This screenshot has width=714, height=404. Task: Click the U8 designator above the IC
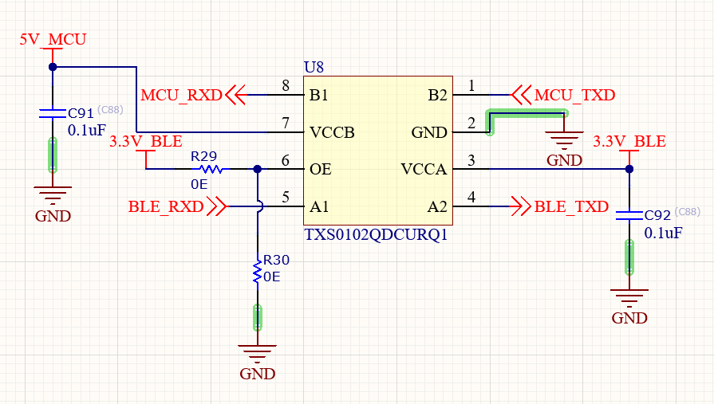coord(314,67)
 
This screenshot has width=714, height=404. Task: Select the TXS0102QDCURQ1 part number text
coord(376,235)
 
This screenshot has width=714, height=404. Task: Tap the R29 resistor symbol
coord(211,169)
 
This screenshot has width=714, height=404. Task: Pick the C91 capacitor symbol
coord(53,113)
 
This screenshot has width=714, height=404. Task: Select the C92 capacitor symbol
coord(629,215)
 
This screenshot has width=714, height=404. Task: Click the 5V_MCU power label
coord(53,40)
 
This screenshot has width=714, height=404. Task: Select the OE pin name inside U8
coord(321,169)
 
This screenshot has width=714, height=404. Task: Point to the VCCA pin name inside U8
coord(424,169)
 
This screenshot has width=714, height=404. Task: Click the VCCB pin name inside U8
coord(332,132)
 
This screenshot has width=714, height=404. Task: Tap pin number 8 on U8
coord(286,85)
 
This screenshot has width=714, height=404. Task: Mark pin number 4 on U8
coord(471,197)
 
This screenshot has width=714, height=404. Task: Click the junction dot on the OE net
coord(257,169)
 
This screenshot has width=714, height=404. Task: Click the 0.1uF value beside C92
coord(663,233)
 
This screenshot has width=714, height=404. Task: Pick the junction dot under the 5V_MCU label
coord(53,67)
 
